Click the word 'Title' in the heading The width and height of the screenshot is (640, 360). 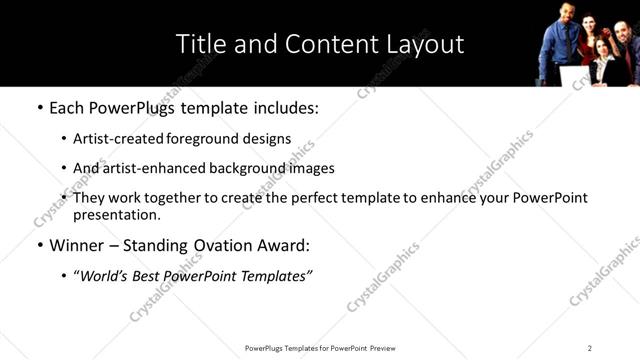(x=201, y=44)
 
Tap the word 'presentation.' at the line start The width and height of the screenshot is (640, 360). (x=116, y=214)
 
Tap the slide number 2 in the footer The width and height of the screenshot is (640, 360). (x=590, y=348)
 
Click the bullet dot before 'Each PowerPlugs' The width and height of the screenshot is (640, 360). (x=39, y=105)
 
